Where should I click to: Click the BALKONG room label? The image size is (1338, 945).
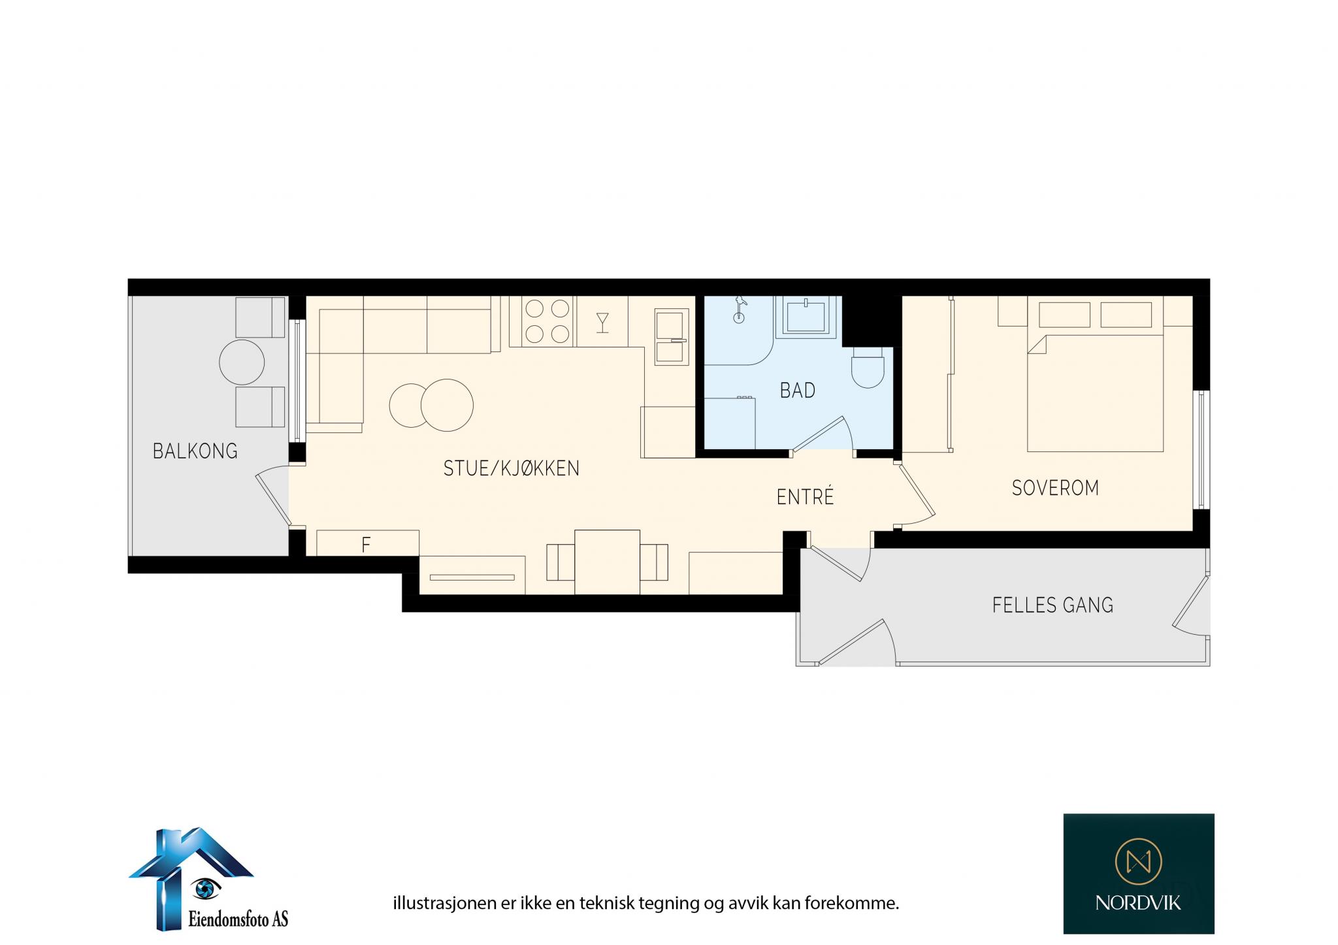[195, 451]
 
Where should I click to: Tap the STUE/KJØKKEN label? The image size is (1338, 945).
[511, 468]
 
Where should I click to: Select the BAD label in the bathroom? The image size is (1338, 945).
[798, 391]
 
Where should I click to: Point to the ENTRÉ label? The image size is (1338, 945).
[805, 497]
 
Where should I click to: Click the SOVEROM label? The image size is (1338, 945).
[1055, 488]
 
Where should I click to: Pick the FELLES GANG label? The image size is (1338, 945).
[1052, 605]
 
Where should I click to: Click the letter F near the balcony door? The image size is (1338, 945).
[366, 544]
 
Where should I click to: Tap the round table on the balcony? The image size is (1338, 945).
[242, 362]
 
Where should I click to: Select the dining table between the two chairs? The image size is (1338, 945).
[607, 562]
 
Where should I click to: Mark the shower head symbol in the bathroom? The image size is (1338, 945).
[739, 309]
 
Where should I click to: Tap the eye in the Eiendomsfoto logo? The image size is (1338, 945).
[206, 887]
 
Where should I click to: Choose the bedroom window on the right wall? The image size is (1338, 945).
[1201, 449]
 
